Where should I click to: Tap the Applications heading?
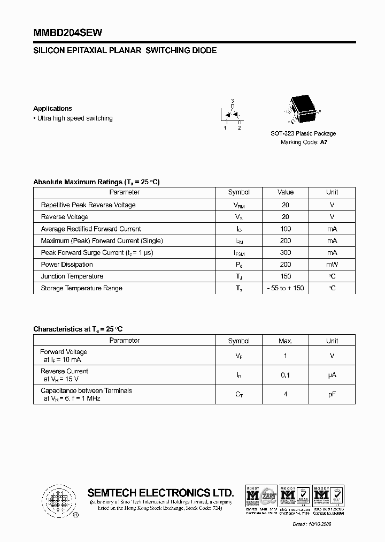tap(52, 108)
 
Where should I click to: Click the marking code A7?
tap(324, 142)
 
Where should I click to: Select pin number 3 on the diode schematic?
tap(232, 101)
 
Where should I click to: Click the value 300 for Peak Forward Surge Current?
tap(286, 253)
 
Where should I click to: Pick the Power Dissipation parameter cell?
tap(67, 265)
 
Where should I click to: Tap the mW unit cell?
tap(332, 265)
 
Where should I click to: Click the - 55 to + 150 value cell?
tap(286, 288)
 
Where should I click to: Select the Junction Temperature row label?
tap(72, 276)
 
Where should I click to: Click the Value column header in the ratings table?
tap(286, 192)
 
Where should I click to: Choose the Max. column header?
tap(286, 341)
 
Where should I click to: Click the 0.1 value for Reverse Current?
tap(286, 375)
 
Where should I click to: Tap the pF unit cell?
tap(332, 394)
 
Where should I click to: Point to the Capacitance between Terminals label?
tap(86, 390)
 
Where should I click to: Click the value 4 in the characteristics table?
tap(286, 394)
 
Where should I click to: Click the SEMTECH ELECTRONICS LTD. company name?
tap(160, 493)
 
